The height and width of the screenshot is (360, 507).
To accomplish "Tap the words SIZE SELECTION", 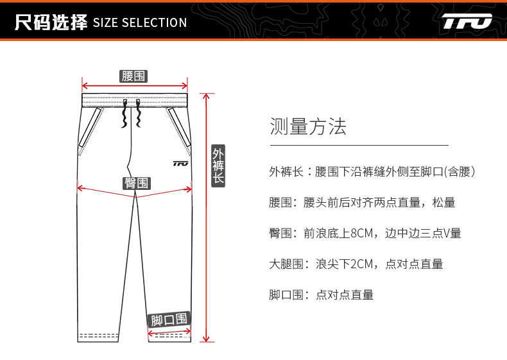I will pyautogui.click(x=140, y=23).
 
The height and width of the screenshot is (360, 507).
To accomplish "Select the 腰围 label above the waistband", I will pyautogui.click(x=134, y=76).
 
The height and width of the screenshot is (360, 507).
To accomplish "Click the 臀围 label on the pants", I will pyautogui.click(x=136, y=183).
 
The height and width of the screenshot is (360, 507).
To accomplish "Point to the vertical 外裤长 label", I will pyautogui.click(x=218, y=166).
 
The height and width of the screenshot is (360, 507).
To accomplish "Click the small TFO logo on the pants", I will pyautogui.click(x=180, y=163).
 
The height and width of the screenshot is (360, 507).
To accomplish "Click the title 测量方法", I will pyautogui.click(x=308, y=126).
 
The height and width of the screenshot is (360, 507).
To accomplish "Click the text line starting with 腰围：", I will pyautogui.click(x=362, y=203).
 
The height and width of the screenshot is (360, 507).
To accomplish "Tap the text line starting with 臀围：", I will pyautogui.click(x=365, y=234).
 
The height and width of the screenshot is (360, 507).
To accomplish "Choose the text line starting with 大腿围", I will pyautogui.click(x=356, y=264).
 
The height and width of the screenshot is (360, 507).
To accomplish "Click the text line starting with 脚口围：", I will pyautogui.click(x=321, y=295).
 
